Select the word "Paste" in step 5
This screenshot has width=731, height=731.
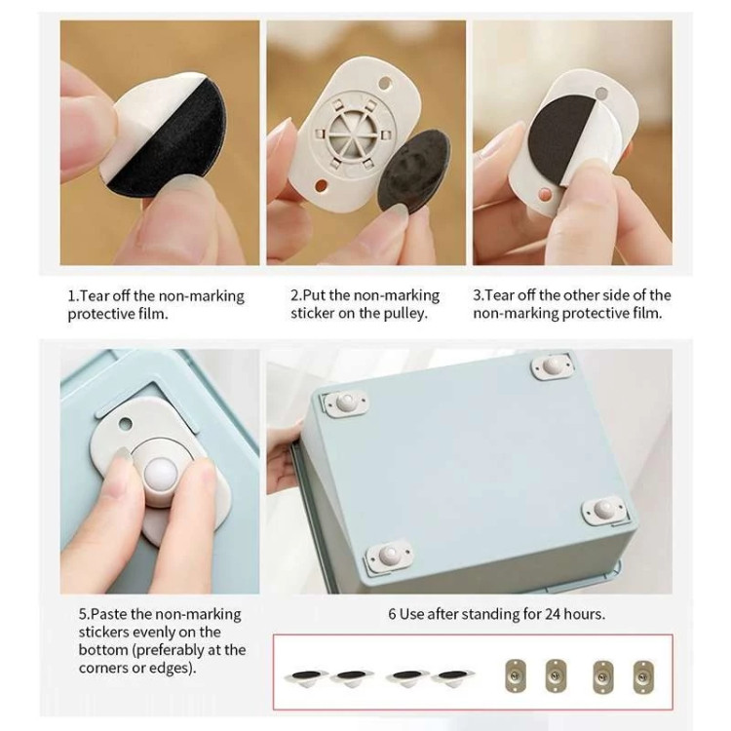pyautogui.click(x=109, y=614)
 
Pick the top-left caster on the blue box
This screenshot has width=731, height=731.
pyautogui.click(x=345, y=403)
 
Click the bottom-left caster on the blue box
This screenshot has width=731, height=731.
pyautogui.click(x=389, y=556)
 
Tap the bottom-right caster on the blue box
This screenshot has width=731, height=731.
pyautogui.click(x=602, y=510)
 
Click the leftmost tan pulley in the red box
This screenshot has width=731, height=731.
pyautogui.click(x=515, y=676)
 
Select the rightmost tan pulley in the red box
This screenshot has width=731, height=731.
pyautogui.click(x=643, y=677)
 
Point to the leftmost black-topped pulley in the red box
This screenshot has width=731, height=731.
pyautogui.click(x=306, y=677)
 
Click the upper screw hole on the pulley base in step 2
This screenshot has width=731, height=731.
pyautogui.click(x=384, y=84)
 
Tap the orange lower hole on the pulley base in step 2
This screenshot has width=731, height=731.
pyautogui.click(x=322, y=186)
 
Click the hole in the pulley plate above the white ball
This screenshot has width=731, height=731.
pyautogui.click(x=125, y=424)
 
